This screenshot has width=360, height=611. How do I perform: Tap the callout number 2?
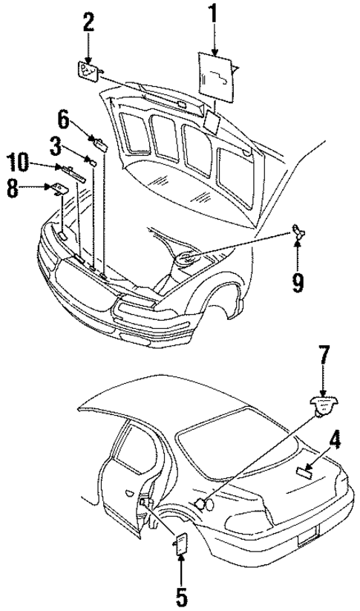88,22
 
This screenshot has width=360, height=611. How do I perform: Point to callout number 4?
336,442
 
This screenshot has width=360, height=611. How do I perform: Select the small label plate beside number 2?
88,71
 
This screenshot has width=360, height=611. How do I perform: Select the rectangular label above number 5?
180,544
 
